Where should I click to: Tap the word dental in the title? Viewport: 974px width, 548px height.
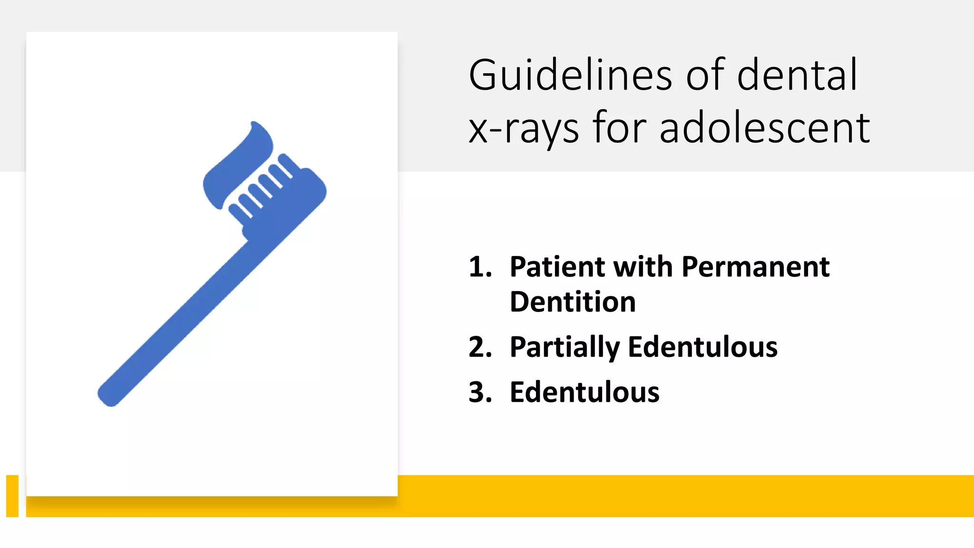tap(797, 75)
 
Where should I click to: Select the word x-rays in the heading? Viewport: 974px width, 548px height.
tap(524, 128)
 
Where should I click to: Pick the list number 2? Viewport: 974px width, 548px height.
tap(479, 347)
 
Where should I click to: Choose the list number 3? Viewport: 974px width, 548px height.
tap(479, 392)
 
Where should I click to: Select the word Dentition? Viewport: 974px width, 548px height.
tap(573, 302)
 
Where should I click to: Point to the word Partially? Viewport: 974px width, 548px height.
tap(565, 347)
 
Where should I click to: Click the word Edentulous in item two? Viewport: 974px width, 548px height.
tap(702, 347)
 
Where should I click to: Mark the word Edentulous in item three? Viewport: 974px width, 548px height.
tap(584, 392)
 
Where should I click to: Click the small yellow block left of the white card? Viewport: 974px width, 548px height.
tap(12, 495)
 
